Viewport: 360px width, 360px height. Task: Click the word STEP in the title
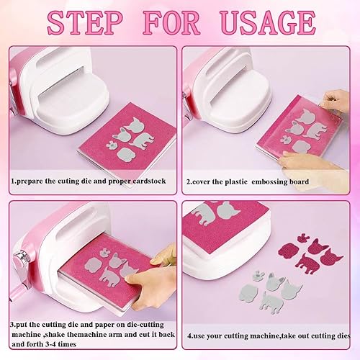coord(85,23)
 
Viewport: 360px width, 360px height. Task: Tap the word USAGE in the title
coord(268,23)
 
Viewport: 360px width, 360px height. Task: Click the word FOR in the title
coord(171,23)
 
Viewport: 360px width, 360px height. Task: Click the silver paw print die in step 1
coord(110,145)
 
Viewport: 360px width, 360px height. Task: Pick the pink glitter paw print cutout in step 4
coord(303,238)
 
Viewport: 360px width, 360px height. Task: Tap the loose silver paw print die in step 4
coord(258,275)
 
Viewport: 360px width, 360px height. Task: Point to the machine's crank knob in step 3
coord(20,258)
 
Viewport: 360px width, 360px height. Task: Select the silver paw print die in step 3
coord(104,253)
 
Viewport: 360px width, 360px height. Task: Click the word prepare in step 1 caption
coord(30,181)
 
